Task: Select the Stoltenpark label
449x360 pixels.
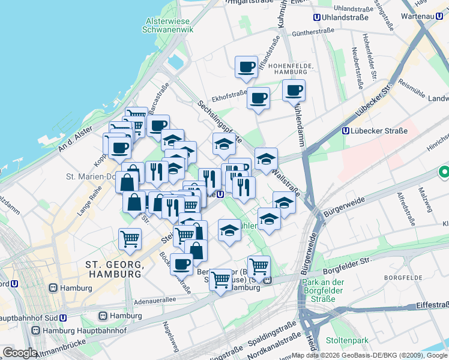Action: [x=346, y=340]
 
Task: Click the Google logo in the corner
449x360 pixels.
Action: [x=20, y=353]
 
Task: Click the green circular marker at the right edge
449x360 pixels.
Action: [x=444, y=173]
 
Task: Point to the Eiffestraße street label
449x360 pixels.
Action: [x=427, y=305]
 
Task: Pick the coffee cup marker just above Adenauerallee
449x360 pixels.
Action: [x=181, y=263]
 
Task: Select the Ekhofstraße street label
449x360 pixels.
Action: [x=229, y=94]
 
